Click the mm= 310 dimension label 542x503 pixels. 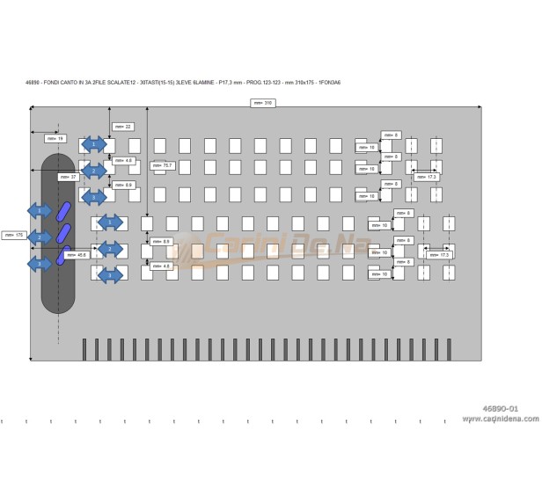[264, 103]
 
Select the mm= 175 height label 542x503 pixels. [13, 235]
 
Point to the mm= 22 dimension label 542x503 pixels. [123, 127]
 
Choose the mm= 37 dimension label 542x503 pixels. [68, 177]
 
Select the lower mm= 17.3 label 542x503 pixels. [438, 254]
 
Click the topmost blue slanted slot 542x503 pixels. [63, 211]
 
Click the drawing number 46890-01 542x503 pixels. [501, 409]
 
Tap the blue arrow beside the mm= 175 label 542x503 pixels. [39, 237]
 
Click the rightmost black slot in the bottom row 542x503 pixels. [449, 349]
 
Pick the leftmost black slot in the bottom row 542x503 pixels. [84, 349]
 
